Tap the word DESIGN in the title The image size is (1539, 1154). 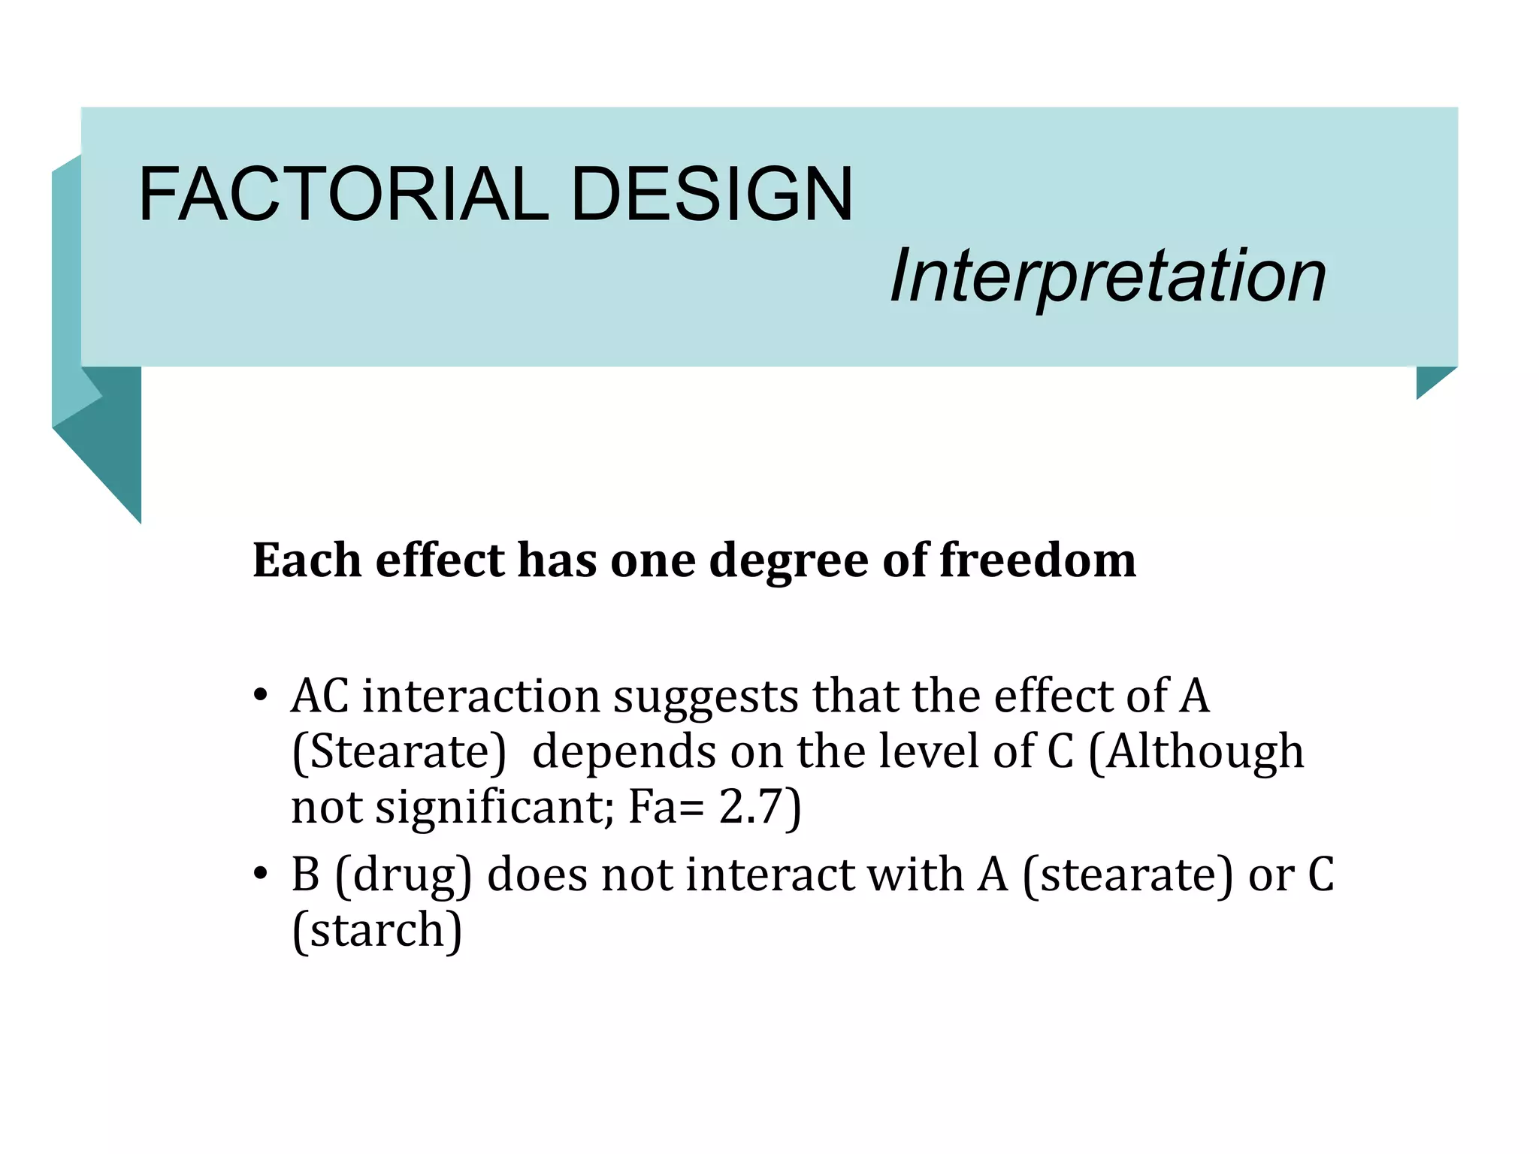[712, 195]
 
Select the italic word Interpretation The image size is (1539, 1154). [1108, 276]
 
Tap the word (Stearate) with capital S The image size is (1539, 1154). [399, 751]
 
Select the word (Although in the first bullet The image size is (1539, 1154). [1196, 751]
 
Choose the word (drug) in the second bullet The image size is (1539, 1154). [404, 875]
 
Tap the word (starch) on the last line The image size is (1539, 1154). [376, 930]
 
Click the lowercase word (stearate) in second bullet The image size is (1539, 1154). [1128, 875]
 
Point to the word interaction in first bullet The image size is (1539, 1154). [481, 696]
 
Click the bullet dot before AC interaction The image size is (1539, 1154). [260, 696]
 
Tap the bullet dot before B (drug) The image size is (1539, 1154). [260, 875]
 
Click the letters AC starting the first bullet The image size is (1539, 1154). [320, 696]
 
